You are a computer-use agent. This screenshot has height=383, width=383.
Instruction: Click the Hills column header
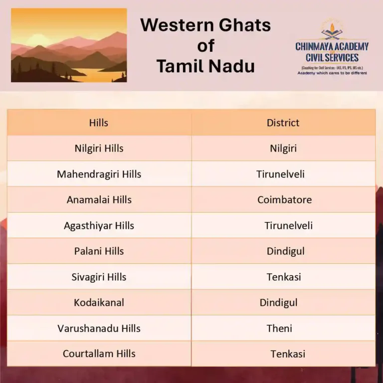(x=99, y=123)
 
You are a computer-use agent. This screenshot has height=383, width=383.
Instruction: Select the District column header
(x=283, y=123)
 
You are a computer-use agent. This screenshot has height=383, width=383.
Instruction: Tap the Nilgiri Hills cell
(x=99, y=148)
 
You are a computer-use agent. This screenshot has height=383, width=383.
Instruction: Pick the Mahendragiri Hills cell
(x=99, y=174)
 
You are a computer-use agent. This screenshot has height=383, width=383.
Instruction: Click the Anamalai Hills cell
(x=99, y=200)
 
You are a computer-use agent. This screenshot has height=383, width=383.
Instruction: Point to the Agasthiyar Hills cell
(x=99, y=225)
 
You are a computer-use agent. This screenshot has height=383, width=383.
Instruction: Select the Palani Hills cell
(x=99, y=251)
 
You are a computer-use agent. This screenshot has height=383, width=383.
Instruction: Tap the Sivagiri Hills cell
(x=99, y=277)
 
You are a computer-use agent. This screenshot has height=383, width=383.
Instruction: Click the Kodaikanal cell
(x=99, y=303)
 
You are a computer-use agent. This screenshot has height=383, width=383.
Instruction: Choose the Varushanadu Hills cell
(x=99, y=329)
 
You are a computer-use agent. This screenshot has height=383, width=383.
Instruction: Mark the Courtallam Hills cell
(x=99, y=354)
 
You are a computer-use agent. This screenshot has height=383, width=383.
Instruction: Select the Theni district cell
(x=279, y=329)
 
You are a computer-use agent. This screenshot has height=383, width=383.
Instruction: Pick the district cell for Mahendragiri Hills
(x=280, y=174)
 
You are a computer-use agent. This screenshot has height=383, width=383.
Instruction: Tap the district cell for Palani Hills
(x=285, y=251)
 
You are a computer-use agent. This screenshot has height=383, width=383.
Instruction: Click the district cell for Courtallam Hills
(x=288, y=354)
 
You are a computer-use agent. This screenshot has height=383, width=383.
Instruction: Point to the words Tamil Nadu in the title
(x=205, y=65)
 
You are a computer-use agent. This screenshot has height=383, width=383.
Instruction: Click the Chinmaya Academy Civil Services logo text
(x=332, y=52)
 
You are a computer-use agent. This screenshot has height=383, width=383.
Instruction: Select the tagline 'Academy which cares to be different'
(x=332, y=73)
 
